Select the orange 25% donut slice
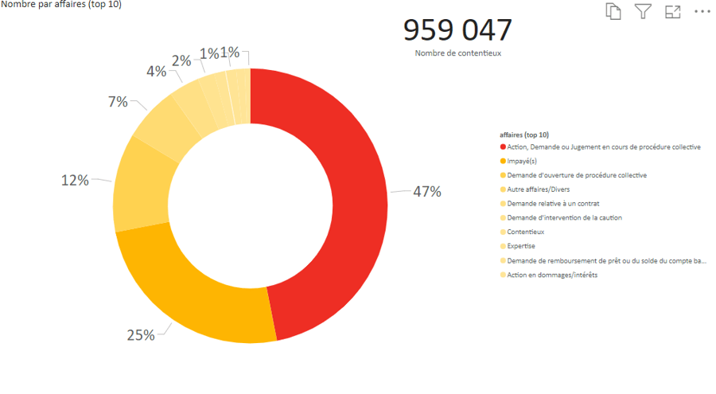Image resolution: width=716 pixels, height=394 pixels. click(x=199, y=295)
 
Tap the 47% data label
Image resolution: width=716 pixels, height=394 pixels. click(x=426, y=192)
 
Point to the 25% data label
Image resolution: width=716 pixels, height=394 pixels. click(x=141, y=335)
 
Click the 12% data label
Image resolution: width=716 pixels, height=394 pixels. click(x=75, y=181)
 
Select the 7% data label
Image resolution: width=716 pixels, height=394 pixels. click(x=118, y=102)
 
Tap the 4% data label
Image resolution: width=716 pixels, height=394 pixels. click(x=156, y=72)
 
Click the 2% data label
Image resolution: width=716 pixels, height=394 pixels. click(x=181, y=60)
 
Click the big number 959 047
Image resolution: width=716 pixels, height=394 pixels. click(x=457, y=29)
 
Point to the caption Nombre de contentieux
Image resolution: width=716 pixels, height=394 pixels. click(x=457, y=53)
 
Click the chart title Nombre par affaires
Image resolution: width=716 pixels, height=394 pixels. click(x=61, y=5)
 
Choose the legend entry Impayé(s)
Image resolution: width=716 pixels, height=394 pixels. click(x=523, y=161)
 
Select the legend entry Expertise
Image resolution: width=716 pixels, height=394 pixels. click(x=522, y=247)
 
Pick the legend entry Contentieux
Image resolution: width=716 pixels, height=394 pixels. click(x=525, y=232)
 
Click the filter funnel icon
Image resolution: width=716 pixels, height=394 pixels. click(x=643, y=11)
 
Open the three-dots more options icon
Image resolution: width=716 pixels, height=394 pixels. click(x=702, y=11)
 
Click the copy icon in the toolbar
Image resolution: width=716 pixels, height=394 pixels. click(x=613, y=11)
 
